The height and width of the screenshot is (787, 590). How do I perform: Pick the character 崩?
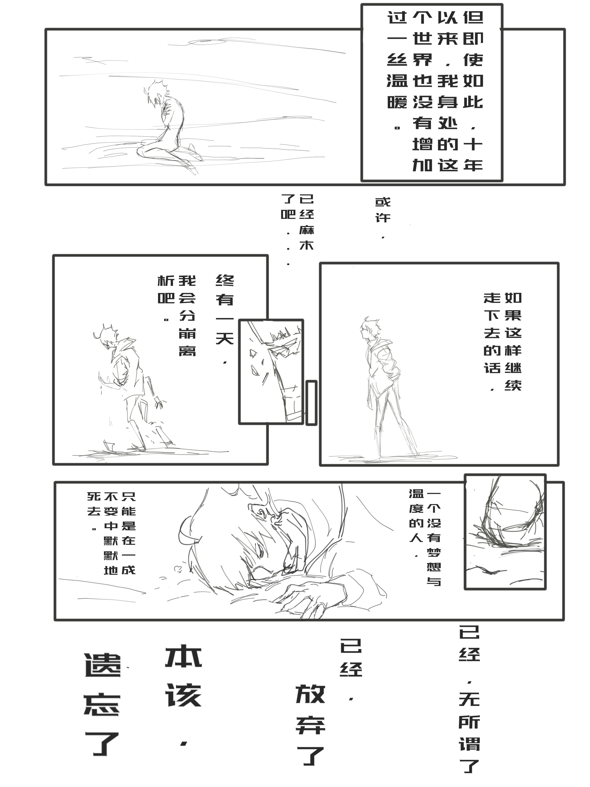[187, 333]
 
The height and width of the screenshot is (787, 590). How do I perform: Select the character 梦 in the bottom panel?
[434, 553]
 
